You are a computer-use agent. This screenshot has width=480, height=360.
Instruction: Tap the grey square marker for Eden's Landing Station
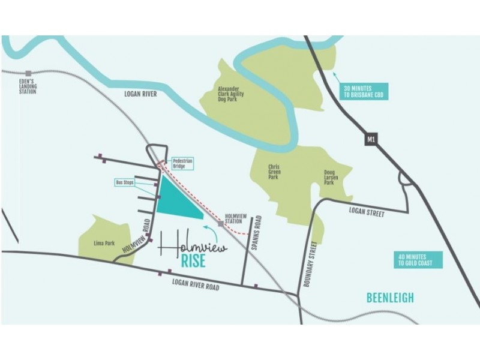(x=28, y=73)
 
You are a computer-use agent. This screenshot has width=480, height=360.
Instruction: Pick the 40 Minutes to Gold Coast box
(x=419, y=260)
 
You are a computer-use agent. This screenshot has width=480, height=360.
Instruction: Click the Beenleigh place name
(x=390, y=298)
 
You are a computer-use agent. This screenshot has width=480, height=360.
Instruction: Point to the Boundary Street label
(x=310, y=263)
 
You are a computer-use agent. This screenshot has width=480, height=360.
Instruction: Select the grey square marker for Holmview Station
(x=221, y=224)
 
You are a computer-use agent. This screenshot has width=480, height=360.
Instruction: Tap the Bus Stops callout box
(x=124, y=182)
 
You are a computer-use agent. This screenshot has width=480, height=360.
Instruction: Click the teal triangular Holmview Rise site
(x=175, y=201)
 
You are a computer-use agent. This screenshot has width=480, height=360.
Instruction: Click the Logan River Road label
(x=196, y=285)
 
